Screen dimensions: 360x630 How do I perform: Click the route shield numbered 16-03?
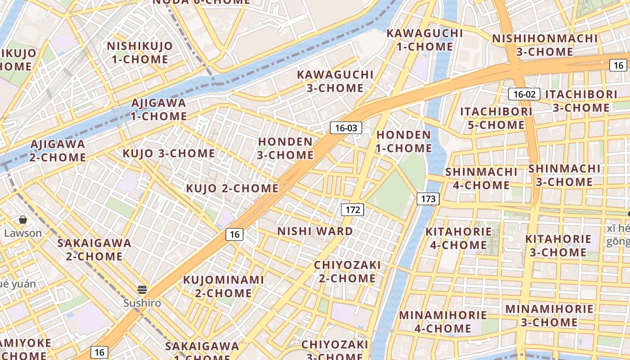(x=346, y=128)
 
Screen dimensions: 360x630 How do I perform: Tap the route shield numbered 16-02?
(x=524, y=94)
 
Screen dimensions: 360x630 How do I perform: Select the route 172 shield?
(x=352, y=209)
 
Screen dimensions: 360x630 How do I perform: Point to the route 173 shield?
(x=427, y=198)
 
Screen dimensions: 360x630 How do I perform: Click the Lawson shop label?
(x=23, y=233)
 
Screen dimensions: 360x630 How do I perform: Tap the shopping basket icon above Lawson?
(x=23, y=220)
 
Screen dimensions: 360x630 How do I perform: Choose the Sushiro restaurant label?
(x=142, y=303)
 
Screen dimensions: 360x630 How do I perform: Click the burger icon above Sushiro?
(x=142, y=289)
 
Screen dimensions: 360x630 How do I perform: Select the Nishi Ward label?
(x=315, y=231)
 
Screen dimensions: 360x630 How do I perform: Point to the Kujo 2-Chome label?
(x=232, y=188)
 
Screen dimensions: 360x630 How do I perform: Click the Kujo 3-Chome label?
(x=169, y=153)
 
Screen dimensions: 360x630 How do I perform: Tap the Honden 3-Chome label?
(x=285, y=148)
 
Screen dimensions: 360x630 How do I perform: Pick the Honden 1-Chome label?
(x=404, y=141)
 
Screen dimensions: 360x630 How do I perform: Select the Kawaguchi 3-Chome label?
(x=335, y=81)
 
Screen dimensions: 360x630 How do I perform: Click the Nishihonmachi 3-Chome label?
(x=544, y=45)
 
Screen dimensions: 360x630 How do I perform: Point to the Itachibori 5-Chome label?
(x=496, y=118)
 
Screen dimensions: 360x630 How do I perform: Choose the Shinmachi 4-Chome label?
(x=481, y=179)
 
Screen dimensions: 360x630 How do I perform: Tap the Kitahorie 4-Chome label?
(x=459, y=238)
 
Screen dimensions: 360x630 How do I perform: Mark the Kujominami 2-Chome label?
(x=223, y=287)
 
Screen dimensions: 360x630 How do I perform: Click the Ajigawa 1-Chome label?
(x=158, y=110)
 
